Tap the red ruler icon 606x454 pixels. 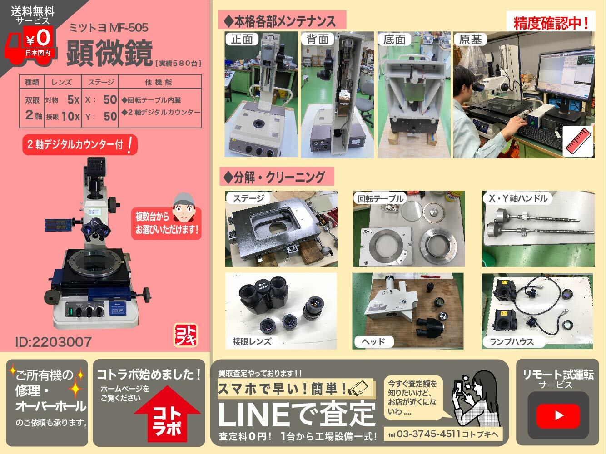coord(578,141)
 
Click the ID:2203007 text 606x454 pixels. coord(53,342)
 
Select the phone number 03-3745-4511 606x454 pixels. coord(428,434)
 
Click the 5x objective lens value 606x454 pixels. coord(73,99)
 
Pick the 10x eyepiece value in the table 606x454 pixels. coord(70,116)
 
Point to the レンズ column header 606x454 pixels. coord(62,82)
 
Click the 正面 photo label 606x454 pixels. coord(242,39)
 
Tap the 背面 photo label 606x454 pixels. coord(318,39)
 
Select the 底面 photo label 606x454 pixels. coord(394,39)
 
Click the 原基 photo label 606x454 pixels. coord(471,39)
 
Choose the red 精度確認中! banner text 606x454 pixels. coord(551,23)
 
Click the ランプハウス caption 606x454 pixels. coord(512,342)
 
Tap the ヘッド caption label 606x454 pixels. coord(373,342)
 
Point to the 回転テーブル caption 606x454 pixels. coord(380,198)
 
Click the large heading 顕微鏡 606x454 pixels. coord(109,53)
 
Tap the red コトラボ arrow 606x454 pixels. coord(167,415)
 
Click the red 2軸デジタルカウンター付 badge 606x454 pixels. coord(80,144)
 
